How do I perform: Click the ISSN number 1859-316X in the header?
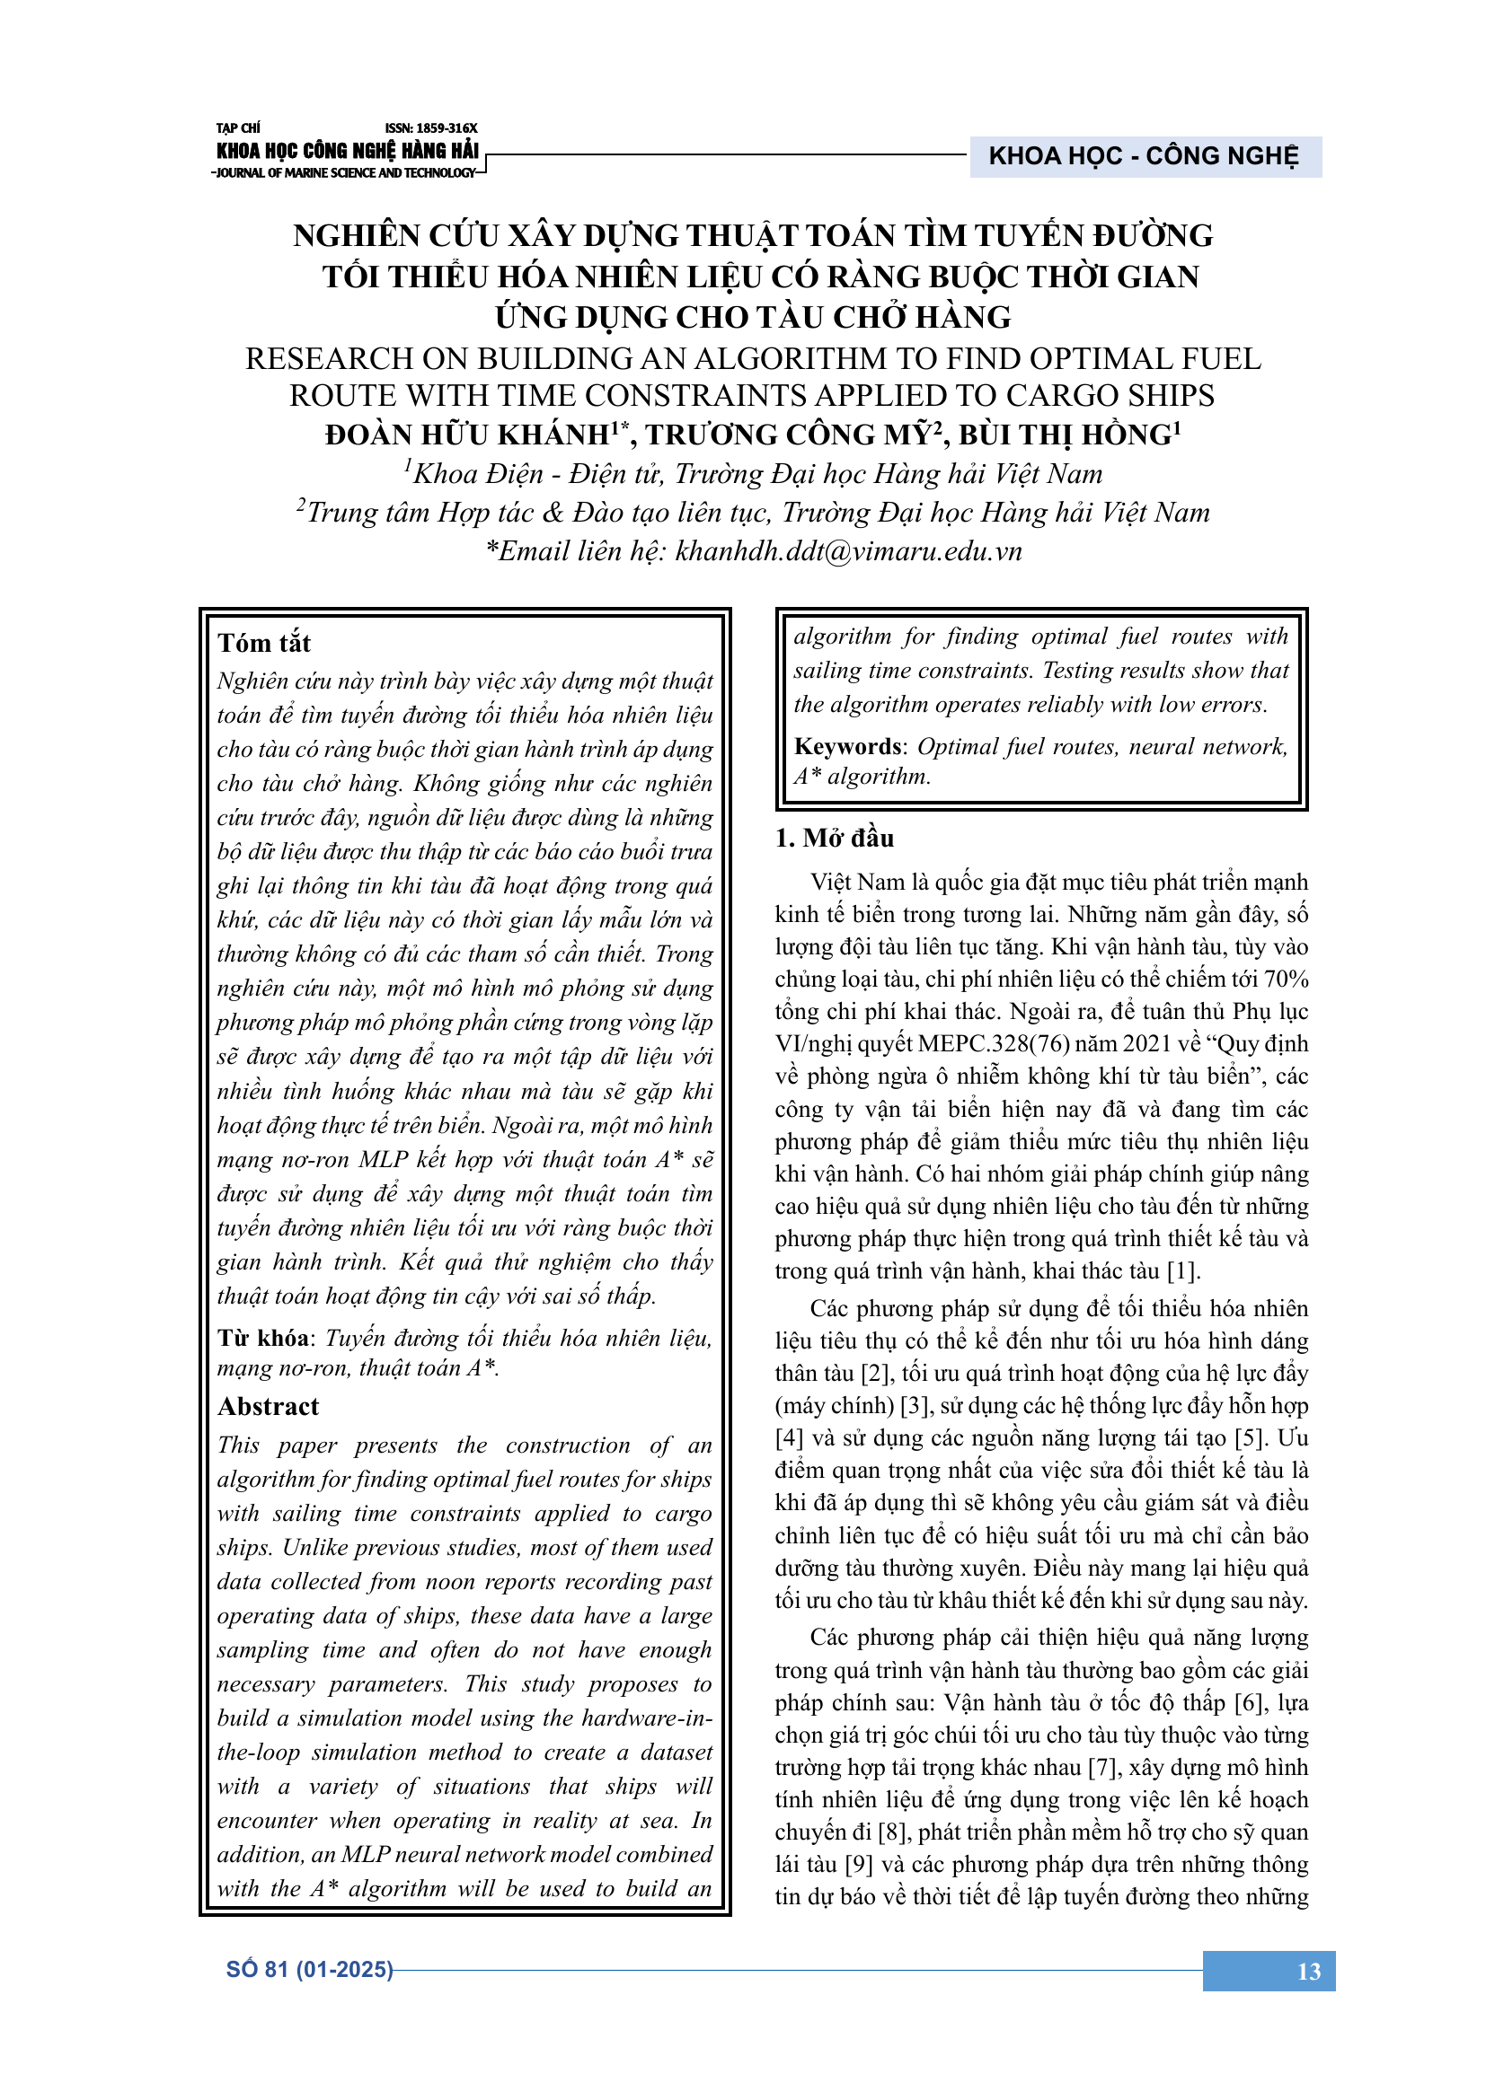tap(431, 129)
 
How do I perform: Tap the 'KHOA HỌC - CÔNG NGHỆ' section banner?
tap(1144, 156)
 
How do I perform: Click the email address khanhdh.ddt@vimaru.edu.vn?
tap(848, 551)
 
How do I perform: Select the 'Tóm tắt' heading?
tap(264, 643)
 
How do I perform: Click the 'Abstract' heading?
tap(268, 1406)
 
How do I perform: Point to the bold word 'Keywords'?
tap(847, 746)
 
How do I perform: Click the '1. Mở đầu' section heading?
tap(835, 838)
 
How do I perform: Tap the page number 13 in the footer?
tap(1308, 1971)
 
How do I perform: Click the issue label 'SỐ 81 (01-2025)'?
tap(309, 1969)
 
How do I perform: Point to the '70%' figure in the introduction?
tap(1286, 979)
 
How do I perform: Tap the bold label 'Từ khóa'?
tap(262, 1338)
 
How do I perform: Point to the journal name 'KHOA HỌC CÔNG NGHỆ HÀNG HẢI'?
tap(348, 151)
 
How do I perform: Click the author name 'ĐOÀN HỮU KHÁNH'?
tap(467, 435)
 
